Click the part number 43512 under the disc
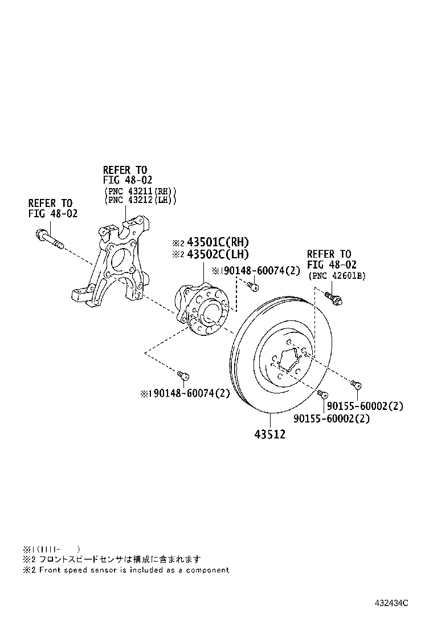coord(269,434)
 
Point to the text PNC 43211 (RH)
coord(140,190)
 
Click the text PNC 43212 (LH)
coord(140,200)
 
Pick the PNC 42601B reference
coord(337,275)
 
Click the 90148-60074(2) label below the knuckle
coord(185,393)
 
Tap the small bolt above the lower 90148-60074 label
coord(182,375)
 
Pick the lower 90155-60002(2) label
coord(332,418)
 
